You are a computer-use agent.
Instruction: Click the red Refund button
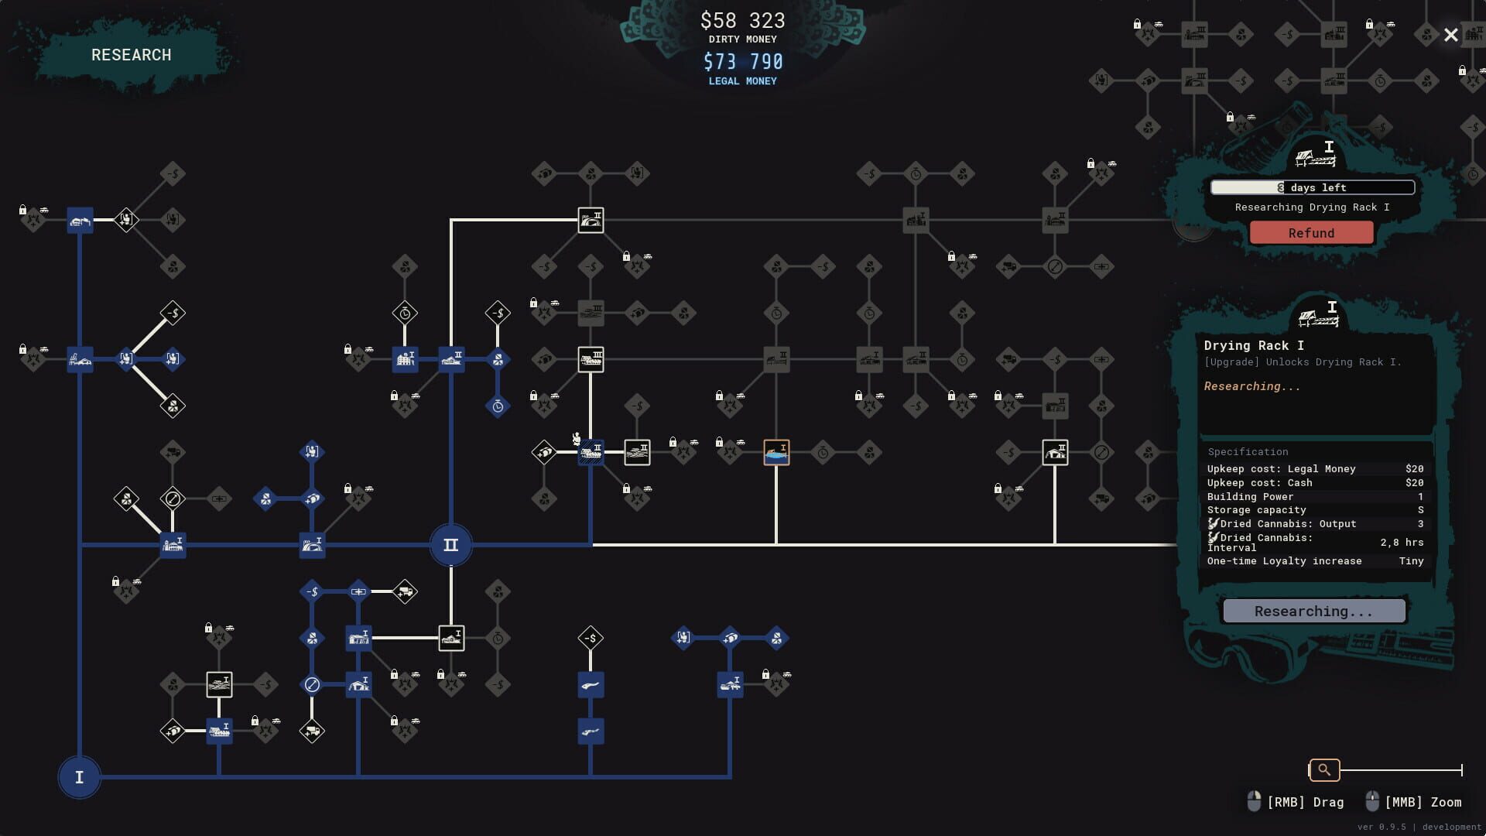coord(1311,233)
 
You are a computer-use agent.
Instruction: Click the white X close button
coord(1450,35)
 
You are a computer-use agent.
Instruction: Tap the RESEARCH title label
coord(131,55)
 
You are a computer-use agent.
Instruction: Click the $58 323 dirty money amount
coord(742,20)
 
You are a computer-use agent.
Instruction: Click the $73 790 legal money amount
coord(742,61)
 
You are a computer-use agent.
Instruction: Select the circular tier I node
coord(79,777)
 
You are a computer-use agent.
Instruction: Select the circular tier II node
coord(450,545)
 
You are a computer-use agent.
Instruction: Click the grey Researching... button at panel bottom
coord(1313,612)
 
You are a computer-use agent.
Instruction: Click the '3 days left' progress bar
coord(1312,187)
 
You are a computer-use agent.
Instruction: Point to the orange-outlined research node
coord(776,452)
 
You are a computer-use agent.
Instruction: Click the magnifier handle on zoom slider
coord(1323,769)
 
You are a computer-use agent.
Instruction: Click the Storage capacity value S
coord(1419,510)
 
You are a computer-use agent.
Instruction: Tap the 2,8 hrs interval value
coord(1401,543)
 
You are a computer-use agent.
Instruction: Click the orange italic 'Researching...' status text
coord(1251,386)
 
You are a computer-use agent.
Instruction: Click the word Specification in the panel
coord(1248,452)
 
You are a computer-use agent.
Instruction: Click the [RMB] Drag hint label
coord(1305,802)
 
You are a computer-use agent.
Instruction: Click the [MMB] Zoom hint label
coord(1423,802)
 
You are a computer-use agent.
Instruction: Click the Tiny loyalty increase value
coord(1410,561)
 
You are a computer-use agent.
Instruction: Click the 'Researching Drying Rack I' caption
coord(1311,207)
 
